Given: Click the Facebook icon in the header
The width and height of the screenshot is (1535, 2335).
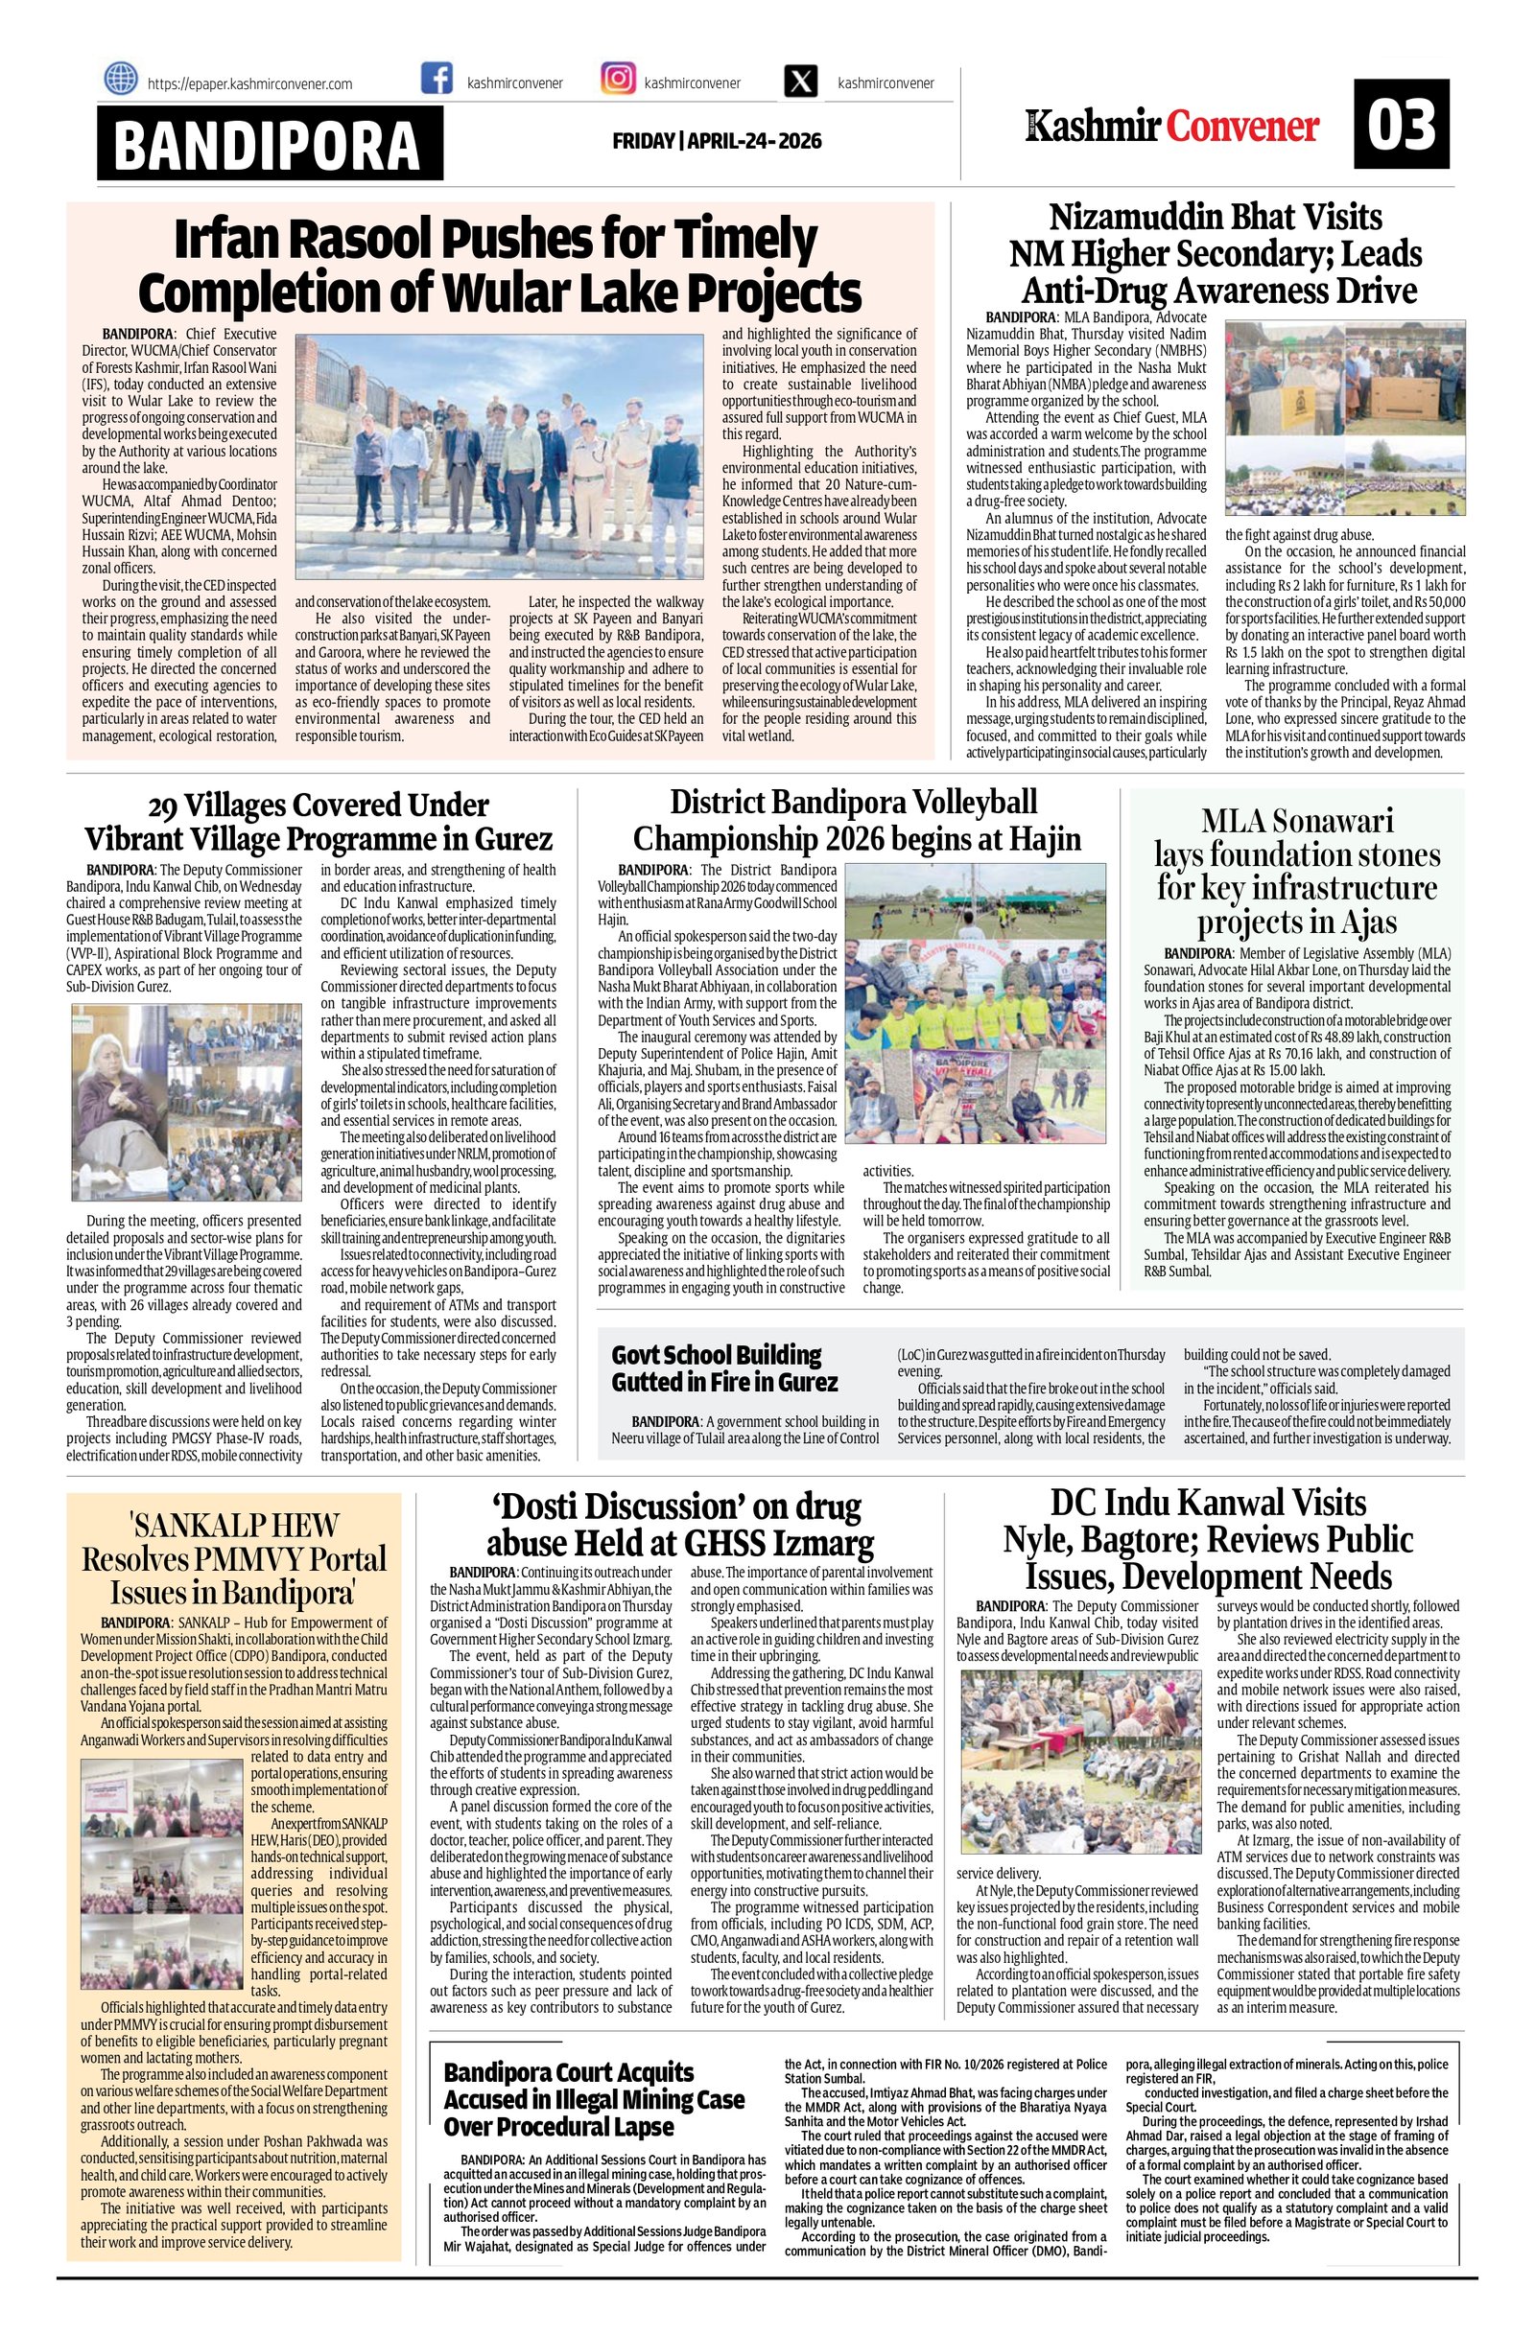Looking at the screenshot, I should [x=437, y=79].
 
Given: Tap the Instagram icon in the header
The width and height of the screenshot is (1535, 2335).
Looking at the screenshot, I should [x=617, y=79].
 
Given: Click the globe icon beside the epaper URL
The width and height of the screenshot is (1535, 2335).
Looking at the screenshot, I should [x=121, y=79].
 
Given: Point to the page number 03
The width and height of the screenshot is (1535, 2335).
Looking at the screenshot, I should [x=1402, y=125].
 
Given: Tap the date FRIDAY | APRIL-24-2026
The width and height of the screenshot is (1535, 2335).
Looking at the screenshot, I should [x=717, y=141].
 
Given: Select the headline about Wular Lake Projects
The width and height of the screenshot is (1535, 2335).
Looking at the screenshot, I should [x=500, y=264].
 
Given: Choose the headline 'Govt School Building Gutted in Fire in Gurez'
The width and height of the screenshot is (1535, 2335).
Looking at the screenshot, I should [x=724, y=1367].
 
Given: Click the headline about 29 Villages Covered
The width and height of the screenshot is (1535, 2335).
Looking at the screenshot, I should [x=318, y=822].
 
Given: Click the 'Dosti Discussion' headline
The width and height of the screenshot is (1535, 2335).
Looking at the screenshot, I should [x=680, y=1525].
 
